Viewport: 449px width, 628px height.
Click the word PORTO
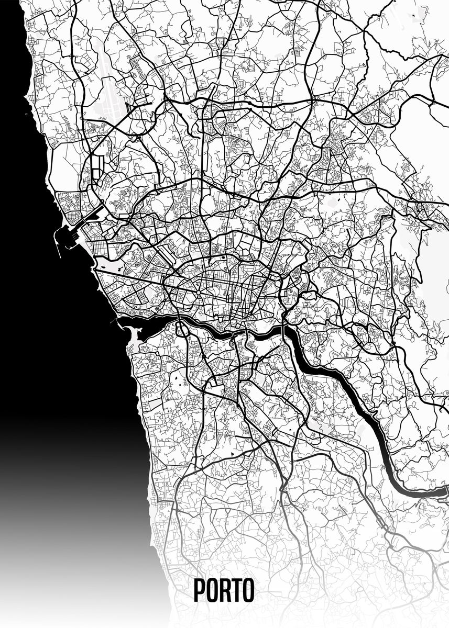[x=224, y=590]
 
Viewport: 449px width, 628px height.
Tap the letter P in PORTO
[x=200, y=590]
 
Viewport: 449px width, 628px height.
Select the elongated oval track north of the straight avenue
[x=152, y=256]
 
